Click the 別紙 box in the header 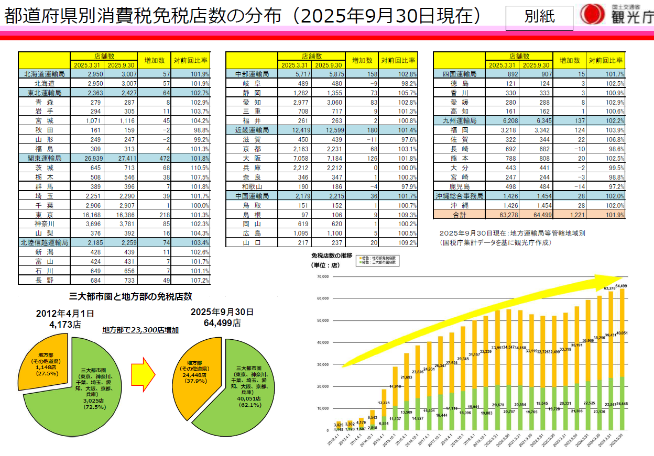click(x=539, y=17)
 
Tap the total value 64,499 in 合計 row click(x=536, y=214)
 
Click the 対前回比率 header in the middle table click(x=398, y=60)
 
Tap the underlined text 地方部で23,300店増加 click(x=140, y=330)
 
